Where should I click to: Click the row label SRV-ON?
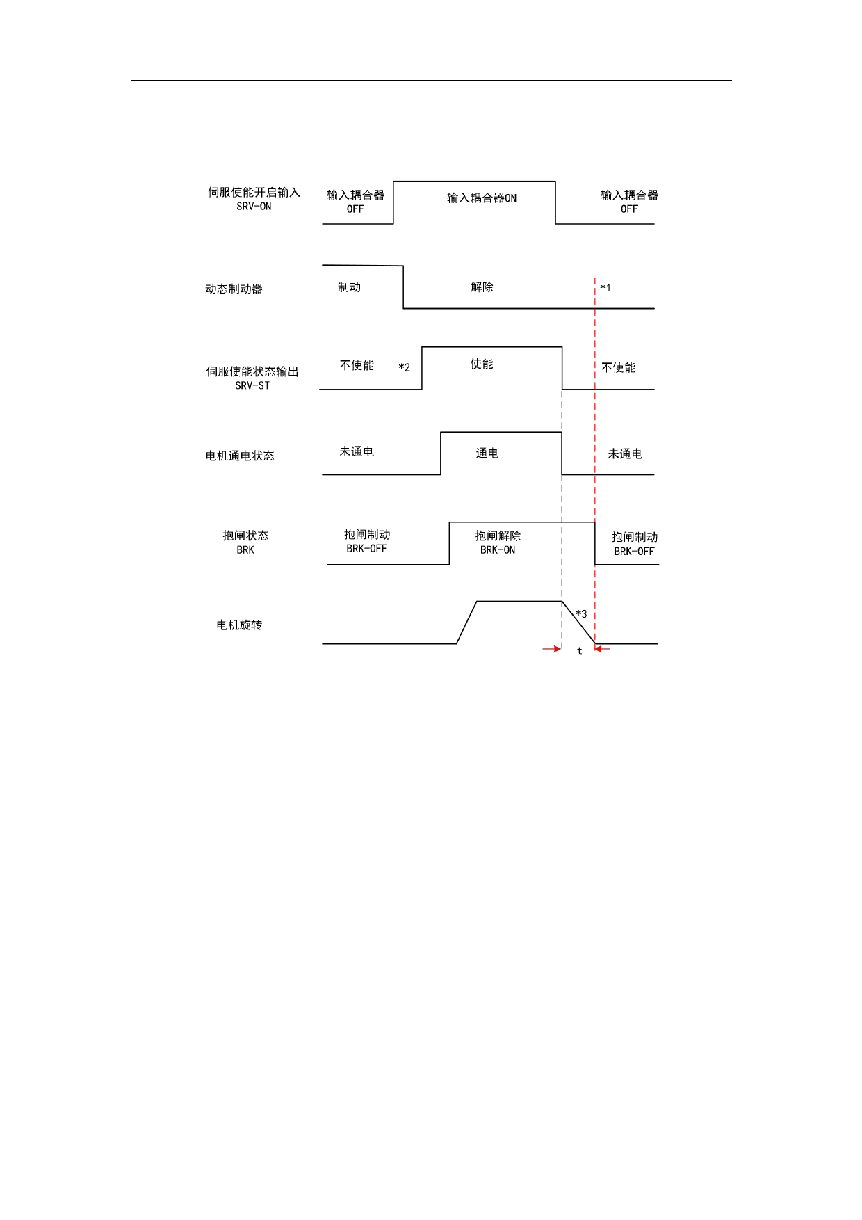tap(254, 207)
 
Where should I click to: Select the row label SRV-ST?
tap(252, 386)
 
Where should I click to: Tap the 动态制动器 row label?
tap(234, 289)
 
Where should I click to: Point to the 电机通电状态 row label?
tap(240, 456)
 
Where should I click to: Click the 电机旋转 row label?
tap(239, 625)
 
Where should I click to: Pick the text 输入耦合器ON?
tap(482, 198)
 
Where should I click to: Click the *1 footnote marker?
tap(605, 288)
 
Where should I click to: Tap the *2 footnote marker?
tap(404, 367)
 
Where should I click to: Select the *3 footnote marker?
tap(581, 614)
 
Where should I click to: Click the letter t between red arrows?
tap(579, 651)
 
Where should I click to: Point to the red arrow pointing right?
tap(552, 649)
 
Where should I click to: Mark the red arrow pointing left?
tap(603, 649)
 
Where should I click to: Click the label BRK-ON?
tap(498, 550)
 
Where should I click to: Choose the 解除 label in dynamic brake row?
tap(482, 287)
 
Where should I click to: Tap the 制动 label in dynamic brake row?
tap(349, 287)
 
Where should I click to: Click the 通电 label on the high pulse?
tap(487, 454)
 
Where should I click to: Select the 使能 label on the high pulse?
tap(482, 364)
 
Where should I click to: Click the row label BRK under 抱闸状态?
tap(245, 550)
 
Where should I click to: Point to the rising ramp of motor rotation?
tap(466, 623)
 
